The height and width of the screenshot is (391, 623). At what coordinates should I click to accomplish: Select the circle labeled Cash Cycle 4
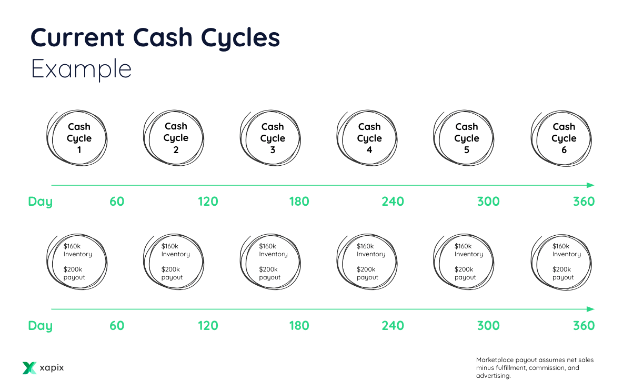[x=369, y=138]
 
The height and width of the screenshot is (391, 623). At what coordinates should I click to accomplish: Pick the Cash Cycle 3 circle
[x=272, y=138]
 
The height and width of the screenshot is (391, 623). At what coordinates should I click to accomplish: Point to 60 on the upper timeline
[x=117, y=202]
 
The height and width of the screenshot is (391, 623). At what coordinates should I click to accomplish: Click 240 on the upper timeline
[x=393, y=202]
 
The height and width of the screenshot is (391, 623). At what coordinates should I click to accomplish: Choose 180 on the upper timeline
[x=299, y=202]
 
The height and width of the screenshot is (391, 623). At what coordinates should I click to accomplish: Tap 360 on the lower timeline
[x=584, y=326]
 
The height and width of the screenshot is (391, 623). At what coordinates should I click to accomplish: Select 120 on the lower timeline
[x=208, y=326]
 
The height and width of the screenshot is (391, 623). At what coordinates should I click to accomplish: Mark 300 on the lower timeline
[x=488, y=326]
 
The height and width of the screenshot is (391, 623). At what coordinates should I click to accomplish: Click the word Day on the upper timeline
[x=41, y=202]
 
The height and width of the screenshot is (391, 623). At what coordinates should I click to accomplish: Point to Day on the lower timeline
[x=41, y=326]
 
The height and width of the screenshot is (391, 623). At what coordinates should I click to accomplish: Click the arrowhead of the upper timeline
[x=590, y=185]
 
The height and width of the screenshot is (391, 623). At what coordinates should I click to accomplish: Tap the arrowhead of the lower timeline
[x=590, y=309]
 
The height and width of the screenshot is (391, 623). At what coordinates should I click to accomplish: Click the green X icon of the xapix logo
[x=29, y=368]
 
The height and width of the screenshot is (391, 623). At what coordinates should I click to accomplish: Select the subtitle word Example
[x=81, y=69]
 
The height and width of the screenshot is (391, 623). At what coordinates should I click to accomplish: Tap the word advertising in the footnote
[x=493, y=376]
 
